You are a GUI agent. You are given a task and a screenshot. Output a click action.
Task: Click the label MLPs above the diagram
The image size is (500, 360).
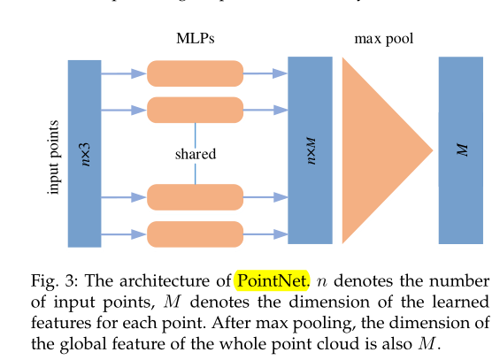(x=195, y=39)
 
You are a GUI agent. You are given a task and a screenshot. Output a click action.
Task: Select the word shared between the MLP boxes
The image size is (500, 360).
(x=195, y=154)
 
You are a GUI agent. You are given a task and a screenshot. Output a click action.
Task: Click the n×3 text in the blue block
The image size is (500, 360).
(x=86, y=153)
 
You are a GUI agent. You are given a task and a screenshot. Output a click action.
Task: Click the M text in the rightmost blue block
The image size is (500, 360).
(x=461, y=150)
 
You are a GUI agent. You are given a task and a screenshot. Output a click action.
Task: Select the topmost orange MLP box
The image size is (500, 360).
(x=195, y=73)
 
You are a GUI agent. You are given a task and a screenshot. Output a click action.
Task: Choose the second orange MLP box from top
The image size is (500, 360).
(x=195, y=110)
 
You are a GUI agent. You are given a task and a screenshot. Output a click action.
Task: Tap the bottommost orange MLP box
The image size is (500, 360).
(x=195, y=234)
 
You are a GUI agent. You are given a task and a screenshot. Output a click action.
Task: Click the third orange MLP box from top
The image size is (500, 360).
(x=195, y=197)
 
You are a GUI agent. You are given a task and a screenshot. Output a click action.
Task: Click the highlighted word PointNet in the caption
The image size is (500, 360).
(x=271, y=281)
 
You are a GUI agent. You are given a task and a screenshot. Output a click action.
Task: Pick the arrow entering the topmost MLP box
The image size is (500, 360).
(x=124, y=73)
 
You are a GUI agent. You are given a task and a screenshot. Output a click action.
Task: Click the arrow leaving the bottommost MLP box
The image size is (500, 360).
(x=265, y=234)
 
